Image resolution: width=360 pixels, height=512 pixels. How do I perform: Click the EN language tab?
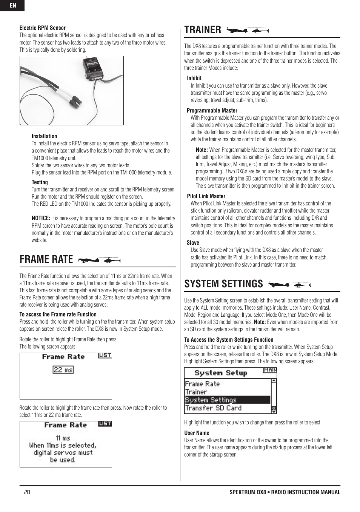pos(12,6)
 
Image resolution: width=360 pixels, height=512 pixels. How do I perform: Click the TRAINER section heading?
pos(203,30)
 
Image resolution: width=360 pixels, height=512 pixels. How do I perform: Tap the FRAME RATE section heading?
pos(46,259)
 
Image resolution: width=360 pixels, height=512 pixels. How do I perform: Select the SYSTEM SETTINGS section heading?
pos(223,284)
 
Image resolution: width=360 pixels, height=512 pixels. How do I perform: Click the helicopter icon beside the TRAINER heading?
pos(260,30)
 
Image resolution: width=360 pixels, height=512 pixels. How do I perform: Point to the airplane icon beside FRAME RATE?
pos(89,260)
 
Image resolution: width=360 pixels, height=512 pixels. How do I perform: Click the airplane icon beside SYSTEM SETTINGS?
pos(278,284)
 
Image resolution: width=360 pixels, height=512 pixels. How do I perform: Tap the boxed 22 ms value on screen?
pos(63,370)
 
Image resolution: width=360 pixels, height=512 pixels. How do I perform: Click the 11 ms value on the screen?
pos(63,438)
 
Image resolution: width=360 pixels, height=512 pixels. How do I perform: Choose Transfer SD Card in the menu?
pos(213,408)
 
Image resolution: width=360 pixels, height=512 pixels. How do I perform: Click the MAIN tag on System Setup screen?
pos(270,370)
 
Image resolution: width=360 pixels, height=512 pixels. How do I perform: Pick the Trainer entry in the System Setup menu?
pos(196,392)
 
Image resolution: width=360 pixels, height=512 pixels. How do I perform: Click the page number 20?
pos(27,492)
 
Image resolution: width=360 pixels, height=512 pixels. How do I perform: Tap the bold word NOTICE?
pos(41,218)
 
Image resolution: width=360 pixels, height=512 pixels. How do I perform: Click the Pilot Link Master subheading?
pos(206,196)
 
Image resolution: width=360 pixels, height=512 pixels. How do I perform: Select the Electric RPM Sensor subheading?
pos(42,28)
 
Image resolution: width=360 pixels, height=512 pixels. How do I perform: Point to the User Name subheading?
pos(197,433)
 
